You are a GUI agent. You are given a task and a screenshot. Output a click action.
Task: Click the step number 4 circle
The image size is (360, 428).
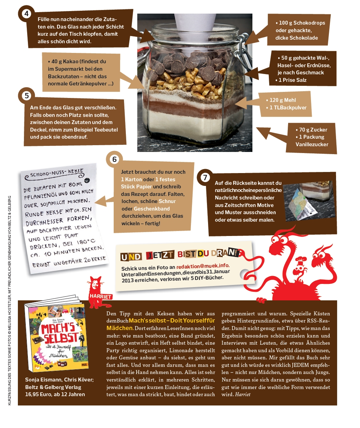coord(26,13)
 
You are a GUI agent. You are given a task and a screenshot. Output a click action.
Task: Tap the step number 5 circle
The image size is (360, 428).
coord(26,95)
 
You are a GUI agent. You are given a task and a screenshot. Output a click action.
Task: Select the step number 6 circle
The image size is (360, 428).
coord(114,159)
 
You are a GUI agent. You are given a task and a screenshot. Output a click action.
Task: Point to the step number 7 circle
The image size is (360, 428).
coord(205,178)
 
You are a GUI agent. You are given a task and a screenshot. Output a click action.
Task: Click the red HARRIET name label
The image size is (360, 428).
coord(100,296)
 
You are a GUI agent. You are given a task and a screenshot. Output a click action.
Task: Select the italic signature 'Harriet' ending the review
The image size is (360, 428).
coord(243,394)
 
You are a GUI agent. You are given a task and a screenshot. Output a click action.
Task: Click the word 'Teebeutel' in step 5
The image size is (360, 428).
coord(107,130)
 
